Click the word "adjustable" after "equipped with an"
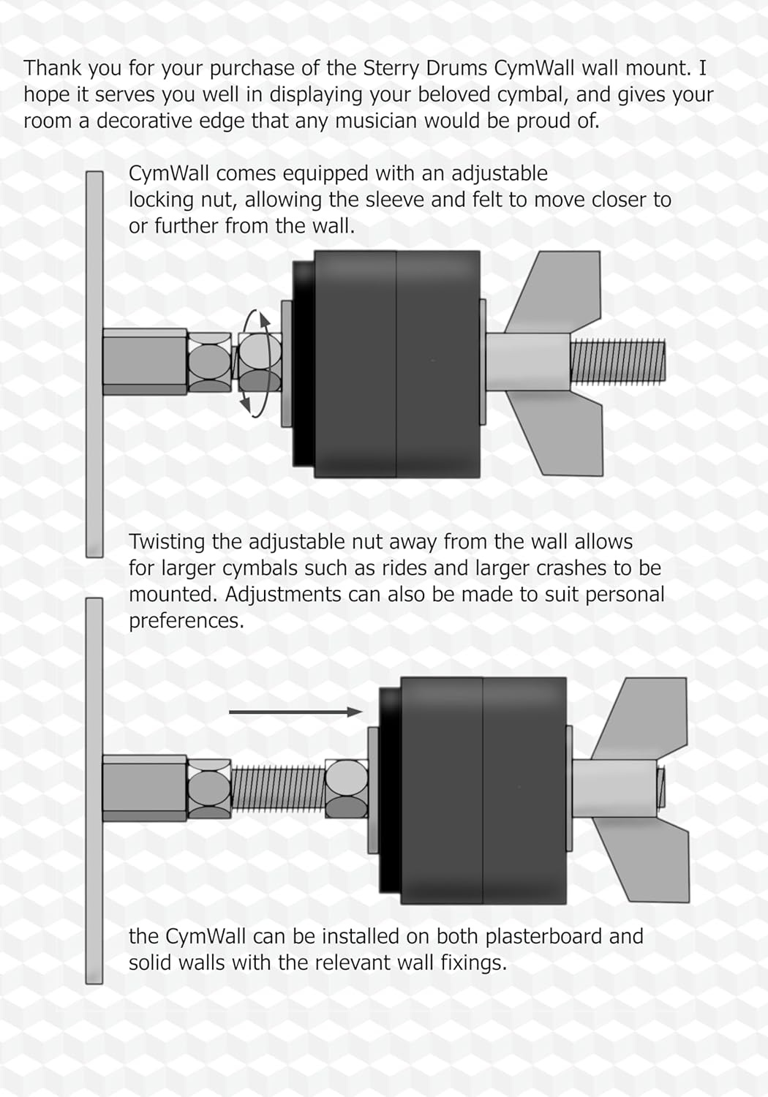[499, 174]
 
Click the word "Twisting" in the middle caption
[167, 543]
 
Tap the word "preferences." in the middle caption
[186, 622]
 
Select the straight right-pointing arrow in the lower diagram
[295, 712]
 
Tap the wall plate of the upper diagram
[94, 364]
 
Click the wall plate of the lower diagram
[94, 791]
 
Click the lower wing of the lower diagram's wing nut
[647, 861]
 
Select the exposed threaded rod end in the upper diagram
[617, 363]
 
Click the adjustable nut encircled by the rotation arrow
[260, 363]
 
